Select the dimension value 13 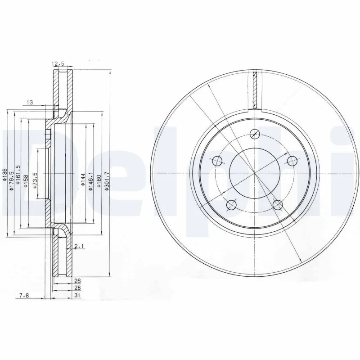[x=30, y=103]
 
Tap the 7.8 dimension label [x=25, y=295]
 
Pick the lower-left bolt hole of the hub [x=232, y=205]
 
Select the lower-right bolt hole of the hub [x=278, y=205]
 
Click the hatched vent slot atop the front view [x=255, y=90]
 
